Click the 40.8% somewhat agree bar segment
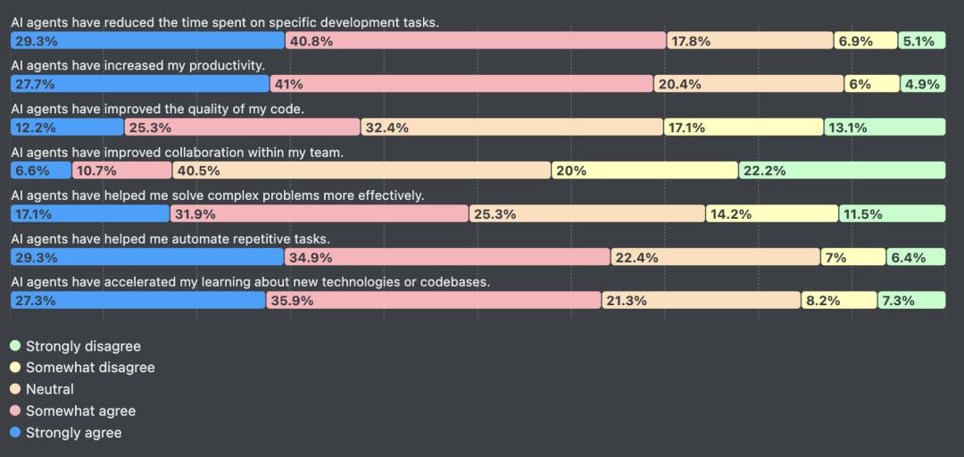coord(475,41)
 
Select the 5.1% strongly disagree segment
coord(921,41)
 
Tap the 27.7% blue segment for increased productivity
coord(140,84)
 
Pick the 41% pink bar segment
coord(461,84)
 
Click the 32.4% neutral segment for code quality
coord(511,128)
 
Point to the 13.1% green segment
coord(885,128)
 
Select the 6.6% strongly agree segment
coord(41,170)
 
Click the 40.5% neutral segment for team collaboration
coord(361,170)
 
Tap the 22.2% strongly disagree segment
coord(842,170)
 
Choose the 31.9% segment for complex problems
coord(319,214)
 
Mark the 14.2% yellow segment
coord(771,214)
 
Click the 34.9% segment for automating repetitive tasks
coord(447,258)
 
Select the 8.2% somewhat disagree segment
coord(839,301)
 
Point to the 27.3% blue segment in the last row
coord(137,301)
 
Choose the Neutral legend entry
coord(49,389)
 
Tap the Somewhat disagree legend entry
coord(89,368)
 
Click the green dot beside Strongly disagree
coord(14,345)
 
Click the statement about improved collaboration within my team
coord(177,153)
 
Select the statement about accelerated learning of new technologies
coord(251,282)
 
